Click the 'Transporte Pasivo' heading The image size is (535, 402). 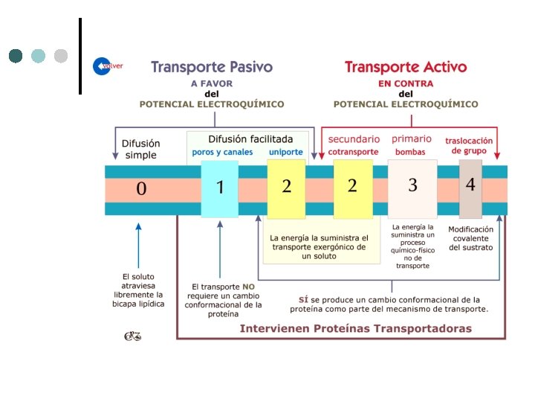[212, 67]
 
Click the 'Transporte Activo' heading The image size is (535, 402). [406, 67]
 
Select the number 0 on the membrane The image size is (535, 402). [141, 189]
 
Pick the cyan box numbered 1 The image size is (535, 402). [220, 187]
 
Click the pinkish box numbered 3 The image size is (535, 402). [412, 185]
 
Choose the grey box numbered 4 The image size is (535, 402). [470, 184]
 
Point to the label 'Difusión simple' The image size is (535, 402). [140, 149]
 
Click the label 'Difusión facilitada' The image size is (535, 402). [250, 138]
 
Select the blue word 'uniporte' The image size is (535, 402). [286, 153]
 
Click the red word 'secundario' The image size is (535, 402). [354, 139]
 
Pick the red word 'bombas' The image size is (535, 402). [410, 153]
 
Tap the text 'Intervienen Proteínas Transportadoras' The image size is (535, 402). [355, 328]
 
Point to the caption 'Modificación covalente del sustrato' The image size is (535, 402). [470, 238]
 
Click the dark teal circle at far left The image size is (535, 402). [16, 56]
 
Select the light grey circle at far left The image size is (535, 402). [61, 56]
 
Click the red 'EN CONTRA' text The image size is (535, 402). [406, 84]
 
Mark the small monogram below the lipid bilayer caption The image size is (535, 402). [132, 336]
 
